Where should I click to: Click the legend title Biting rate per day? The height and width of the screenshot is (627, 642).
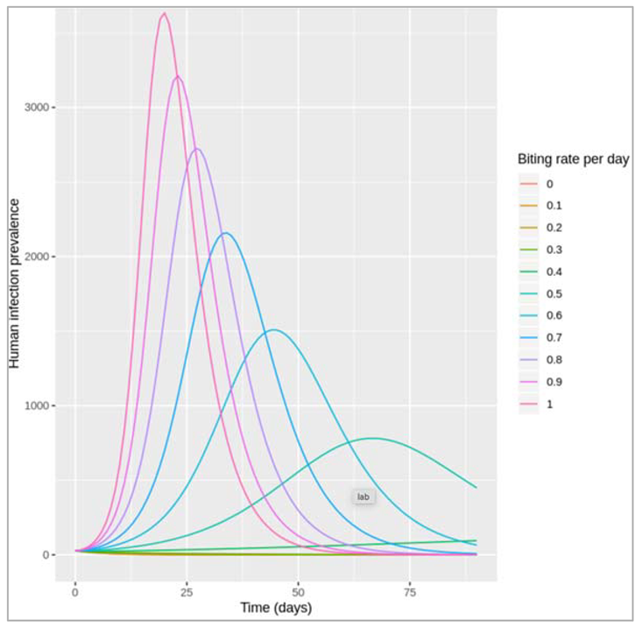point(574,159)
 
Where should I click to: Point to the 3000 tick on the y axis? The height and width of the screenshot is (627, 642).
point(37,107)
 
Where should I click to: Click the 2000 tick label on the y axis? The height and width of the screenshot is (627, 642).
point(37,257)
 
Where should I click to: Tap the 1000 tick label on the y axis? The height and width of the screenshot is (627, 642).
point(37,405)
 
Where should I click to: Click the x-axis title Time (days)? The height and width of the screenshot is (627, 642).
point(276,608)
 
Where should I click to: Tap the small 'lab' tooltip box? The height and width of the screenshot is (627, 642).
point(363,497)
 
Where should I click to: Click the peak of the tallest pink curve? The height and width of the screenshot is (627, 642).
point(164,13)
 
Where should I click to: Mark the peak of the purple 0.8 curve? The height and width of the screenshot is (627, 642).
point(198,148)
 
